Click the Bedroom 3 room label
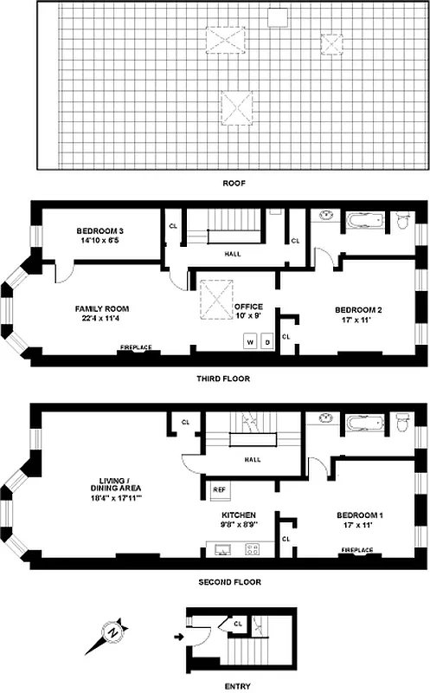click(99, 236)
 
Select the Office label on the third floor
click(248, 310)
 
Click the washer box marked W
click(251, 341)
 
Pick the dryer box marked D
click(267, 341)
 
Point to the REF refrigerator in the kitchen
click(220, 489)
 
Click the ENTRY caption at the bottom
click(237, 686)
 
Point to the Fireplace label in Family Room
click(136, 348)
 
